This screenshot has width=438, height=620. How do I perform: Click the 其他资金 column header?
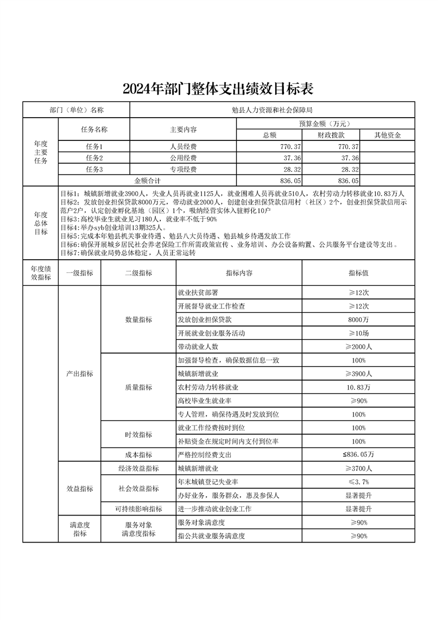387,135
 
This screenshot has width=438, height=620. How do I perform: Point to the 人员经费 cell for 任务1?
183,146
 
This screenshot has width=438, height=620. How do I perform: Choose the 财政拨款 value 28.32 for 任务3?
349,170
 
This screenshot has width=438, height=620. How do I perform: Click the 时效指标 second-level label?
138,434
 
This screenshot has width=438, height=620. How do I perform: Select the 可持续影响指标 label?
138,509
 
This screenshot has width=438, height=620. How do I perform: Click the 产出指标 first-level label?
80,374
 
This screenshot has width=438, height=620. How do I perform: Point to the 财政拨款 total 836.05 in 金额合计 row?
349,180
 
